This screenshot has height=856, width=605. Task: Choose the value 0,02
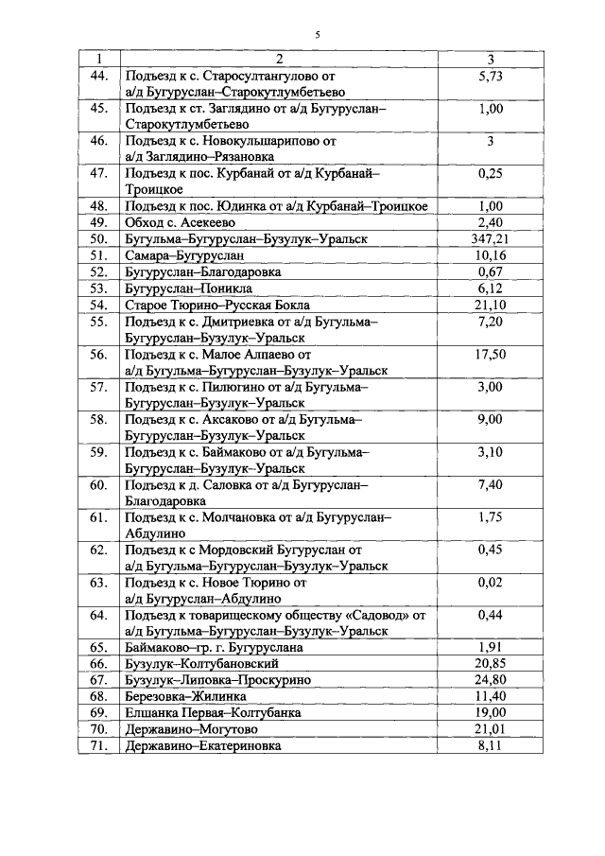tap(490, 583)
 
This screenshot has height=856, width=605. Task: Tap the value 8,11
tap(490, 745)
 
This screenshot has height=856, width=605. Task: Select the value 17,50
tap(490, 356)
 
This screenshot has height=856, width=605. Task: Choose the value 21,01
tap(490, 729)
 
